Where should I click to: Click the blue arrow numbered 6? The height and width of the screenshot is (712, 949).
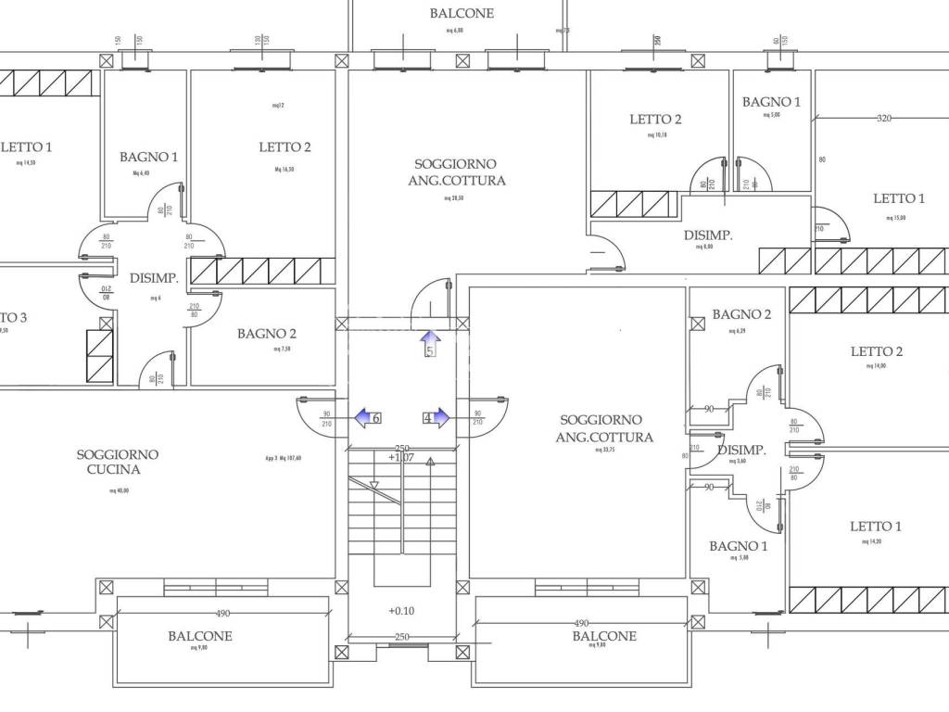tap(368, 418)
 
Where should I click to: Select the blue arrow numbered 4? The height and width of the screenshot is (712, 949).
tap(435, 418)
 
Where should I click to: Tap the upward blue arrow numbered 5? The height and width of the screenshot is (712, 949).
tap(430, 343)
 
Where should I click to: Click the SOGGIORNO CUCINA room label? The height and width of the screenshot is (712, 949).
tap(117, 462)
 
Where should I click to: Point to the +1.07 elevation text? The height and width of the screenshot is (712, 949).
tap(400, 457)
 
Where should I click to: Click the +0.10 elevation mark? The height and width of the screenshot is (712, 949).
tap(401, 610)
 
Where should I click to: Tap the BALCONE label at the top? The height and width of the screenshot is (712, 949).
tap(462, 14)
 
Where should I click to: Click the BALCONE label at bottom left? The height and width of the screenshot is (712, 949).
tap(200, 637)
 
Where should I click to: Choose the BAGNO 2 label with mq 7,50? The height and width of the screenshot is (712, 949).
tap(266, 334)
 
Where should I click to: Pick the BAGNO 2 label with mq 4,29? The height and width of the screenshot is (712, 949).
tap(741, 315)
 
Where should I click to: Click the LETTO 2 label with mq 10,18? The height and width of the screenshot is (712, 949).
tap(655, 120)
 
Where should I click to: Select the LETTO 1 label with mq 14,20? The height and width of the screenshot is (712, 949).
tap(876, 527)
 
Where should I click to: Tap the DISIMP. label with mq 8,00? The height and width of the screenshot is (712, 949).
tap(708, 235)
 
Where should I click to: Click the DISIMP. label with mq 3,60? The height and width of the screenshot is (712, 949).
tap(741, 451)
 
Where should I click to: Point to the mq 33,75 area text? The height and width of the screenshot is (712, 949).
tap(604, 450)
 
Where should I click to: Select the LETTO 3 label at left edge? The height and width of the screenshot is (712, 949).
tap(13, 318)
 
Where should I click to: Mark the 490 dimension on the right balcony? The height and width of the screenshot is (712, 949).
tap(580, 623)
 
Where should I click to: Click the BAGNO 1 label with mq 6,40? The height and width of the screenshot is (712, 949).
tap(148, 158)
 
